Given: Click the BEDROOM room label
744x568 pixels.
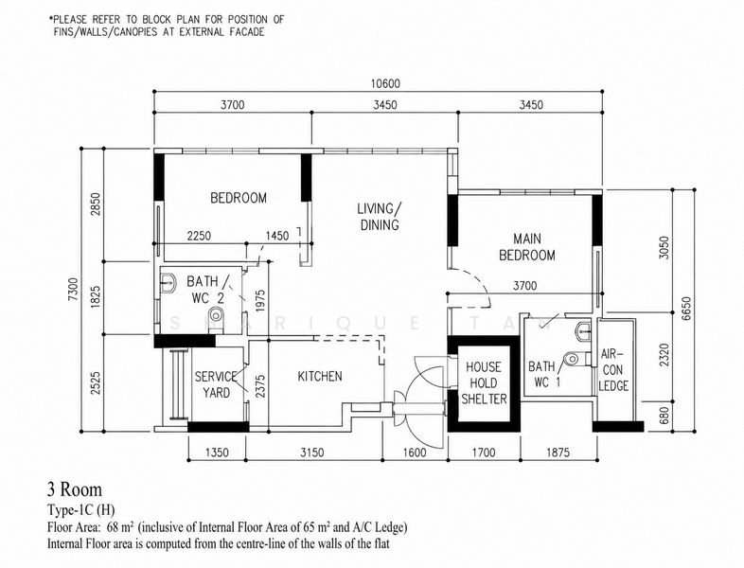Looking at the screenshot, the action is coord(239,198).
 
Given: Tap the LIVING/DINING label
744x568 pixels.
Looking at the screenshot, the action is coord(380,217).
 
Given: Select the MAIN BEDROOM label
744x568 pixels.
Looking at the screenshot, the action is coord(527,247).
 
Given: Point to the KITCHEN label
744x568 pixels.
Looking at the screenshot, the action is coord(320,376).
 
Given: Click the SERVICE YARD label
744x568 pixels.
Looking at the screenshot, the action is coord(217,385).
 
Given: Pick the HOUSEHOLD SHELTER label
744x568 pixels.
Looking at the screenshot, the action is coord(484,383).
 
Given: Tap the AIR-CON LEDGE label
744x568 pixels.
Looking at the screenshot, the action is coord(613,369).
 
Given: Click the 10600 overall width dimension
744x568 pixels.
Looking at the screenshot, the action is coord(385,84).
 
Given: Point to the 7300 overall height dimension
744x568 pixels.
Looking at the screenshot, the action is coord(73,290).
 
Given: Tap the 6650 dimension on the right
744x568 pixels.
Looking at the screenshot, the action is coord(686,309).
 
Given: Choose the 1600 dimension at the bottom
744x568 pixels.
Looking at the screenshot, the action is coord(415,453).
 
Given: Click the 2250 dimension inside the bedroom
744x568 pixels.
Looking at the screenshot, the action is coord(199,236).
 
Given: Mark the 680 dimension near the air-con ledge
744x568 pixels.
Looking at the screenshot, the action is coord(664,416).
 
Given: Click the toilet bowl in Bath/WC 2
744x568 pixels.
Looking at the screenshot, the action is coord(217,314).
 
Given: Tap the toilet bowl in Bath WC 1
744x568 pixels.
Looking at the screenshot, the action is coord(574,358).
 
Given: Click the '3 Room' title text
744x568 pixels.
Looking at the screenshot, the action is coord(75,489).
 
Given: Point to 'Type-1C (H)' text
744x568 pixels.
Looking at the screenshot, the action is coord(81,510).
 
